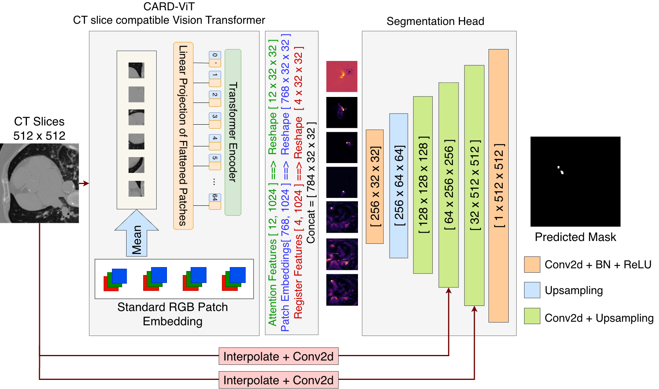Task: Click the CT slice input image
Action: (40, 183)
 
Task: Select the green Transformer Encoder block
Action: (233, 132)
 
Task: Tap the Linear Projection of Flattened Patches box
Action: (183, 136)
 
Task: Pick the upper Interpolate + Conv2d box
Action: (278, 356)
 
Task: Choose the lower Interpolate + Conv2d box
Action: (278, 380)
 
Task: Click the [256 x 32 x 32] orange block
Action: (375, 186)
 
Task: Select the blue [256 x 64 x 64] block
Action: (399, 186)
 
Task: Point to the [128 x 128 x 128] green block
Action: (423, 185)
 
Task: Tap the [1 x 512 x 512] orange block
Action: (498, 186)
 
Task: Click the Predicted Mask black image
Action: (575, 181)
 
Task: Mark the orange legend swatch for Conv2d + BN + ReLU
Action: (532, 264)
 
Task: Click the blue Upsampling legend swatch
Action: (532, 290)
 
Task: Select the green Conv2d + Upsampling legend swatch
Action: (532, 316)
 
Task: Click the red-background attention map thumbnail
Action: (342, 76)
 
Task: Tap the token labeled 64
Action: (215, 197)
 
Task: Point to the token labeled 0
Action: (215, 55)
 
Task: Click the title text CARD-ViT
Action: (169, 7)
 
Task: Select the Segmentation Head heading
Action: (435, 21)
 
